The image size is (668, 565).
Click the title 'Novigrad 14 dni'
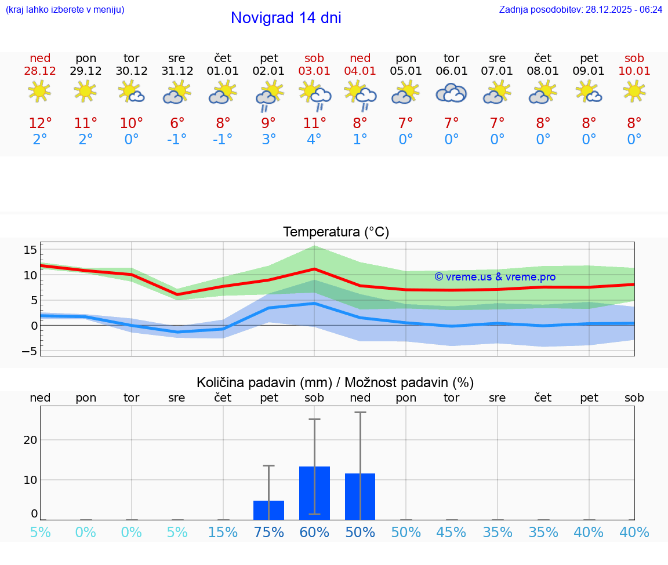click(x=286, y=18)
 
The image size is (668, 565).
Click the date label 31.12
click(x=177, y=71)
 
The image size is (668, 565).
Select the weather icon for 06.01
click(x=451, y=93)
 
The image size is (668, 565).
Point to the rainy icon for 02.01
click(x=268, y=95)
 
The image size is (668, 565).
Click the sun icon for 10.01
click(x=634, y=91)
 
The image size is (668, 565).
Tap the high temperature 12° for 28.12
click(x=40, y=123)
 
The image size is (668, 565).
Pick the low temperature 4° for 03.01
click(x=314, y=140)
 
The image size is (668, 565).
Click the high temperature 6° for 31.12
click(x=177, y=123)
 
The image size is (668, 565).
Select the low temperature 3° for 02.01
click(x=268, y=140)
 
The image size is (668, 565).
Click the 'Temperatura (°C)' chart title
click(x=336, y=232)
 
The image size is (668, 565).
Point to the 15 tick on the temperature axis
click(x=30, y=250)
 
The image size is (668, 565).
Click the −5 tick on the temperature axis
click(x=30, y=351)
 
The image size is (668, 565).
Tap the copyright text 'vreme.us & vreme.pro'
click(x=495, y=277)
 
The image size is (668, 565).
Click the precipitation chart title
click(x=335, y=382)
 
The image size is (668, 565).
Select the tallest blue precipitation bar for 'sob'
click(x=314, y=493)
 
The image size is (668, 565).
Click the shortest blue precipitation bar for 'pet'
click(x=268, y=510)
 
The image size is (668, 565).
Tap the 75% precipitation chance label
click(x=268, y=533)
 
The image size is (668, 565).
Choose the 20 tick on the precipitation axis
click(x=30, y=440)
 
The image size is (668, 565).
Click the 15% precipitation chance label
click(x=223, y=533)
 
